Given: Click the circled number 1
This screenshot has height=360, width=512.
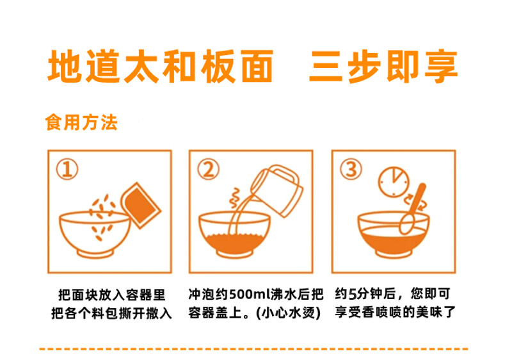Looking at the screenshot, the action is tap(67, 170).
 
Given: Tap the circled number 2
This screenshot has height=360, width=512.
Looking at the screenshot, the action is tap(209, 170).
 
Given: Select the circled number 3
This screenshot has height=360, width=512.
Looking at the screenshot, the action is tap(351, 170).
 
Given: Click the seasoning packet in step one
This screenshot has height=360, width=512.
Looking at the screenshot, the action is tap(141, 205).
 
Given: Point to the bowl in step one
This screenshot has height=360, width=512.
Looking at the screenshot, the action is tap(95, 234).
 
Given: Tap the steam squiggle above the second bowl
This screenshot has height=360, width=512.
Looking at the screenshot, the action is tap(234, 197).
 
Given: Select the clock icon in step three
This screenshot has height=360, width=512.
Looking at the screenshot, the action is tap(394, 182).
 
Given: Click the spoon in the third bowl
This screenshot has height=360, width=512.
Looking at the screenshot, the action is tap(412, 209).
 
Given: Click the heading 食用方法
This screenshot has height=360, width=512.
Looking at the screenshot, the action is tap(81, 122).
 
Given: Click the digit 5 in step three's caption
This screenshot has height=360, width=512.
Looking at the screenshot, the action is tap(352, 294).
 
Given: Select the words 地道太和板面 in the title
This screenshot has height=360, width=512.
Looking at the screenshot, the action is tap(161, 67).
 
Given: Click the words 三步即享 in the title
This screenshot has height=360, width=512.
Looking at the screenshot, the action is tap(383, 67).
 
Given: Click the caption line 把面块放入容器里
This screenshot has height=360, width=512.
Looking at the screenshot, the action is tap(111, 295).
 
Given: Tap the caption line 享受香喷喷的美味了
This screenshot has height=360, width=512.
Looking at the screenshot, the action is tap(395, 313).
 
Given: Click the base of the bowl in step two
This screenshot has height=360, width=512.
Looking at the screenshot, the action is tap(234, 254).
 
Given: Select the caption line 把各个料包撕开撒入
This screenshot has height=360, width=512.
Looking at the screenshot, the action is tap(111, 313).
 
